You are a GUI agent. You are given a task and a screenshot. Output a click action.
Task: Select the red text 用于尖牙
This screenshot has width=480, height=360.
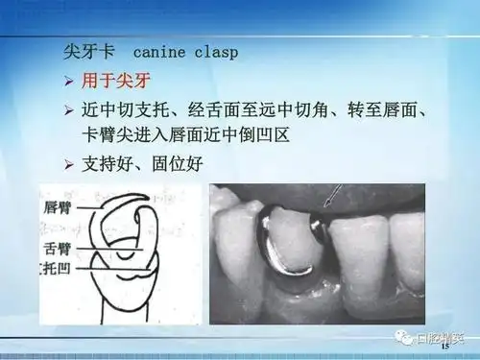point(121,81)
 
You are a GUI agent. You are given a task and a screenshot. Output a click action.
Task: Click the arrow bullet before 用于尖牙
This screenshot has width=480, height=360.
point(68,81)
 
